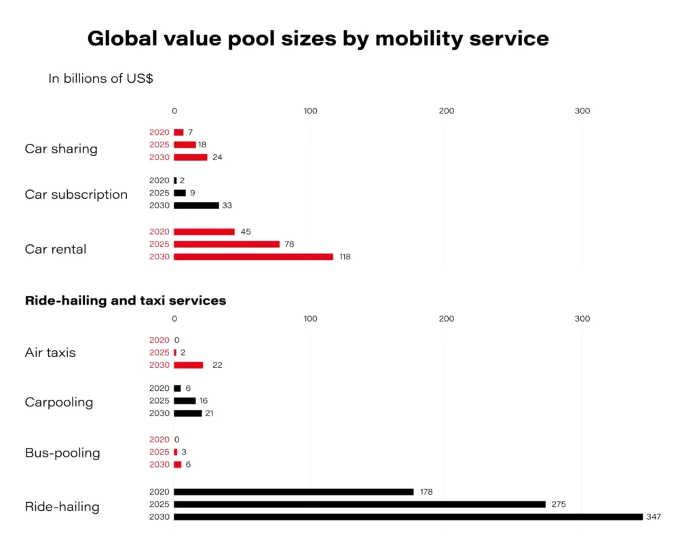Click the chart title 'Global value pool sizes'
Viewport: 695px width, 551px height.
coord(318,39)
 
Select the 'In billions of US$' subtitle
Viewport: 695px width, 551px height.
coord(100,79)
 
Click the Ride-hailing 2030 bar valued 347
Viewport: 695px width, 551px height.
coord(408,517)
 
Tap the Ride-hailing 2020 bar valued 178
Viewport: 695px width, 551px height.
coord(293,492)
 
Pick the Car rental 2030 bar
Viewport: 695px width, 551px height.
coord(253,257)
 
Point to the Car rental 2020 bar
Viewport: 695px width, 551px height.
coord(204,232)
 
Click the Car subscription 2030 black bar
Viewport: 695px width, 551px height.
coord(196,206)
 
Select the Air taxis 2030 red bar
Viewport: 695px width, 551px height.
coord(189,365)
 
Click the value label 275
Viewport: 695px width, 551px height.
coord(558,504)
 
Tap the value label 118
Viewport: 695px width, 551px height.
coord(345,257)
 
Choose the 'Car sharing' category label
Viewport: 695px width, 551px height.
coord(61,149)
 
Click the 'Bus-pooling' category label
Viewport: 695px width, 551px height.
coord(62,453)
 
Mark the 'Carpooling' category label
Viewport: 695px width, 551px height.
coord(59,402)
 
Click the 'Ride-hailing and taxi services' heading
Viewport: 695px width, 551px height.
coord(126,300)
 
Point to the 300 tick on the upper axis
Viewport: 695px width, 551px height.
coord(582,111)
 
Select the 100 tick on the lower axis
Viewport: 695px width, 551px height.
coord(310,319)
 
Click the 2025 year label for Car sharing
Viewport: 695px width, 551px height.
coord(159,145)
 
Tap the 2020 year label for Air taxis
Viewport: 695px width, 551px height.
coord(159,340)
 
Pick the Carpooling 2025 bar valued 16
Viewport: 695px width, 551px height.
coord(185,401)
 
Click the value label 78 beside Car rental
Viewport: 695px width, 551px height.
coord(289,244)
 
